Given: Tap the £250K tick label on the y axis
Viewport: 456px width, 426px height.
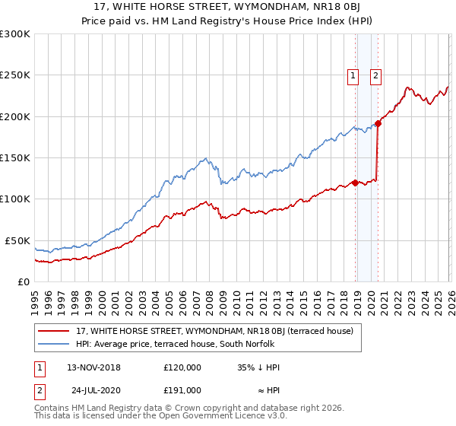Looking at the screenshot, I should coord(15,75).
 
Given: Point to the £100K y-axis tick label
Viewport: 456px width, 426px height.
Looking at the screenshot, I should coord(15,199).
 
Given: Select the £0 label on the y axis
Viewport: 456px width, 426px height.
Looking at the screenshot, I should coord(23,281).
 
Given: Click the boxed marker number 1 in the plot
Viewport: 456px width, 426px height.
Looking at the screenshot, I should coord(354,75).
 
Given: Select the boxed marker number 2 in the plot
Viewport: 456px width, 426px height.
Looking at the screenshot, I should coord(376,75).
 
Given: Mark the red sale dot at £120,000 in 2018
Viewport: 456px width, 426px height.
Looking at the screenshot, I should coord(355,183).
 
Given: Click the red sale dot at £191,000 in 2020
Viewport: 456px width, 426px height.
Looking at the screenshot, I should coord(378,124).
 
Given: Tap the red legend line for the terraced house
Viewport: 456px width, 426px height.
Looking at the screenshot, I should coord(55,331).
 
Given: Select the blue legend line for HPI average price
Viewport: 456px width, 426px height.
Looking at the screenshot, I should coord(55,344).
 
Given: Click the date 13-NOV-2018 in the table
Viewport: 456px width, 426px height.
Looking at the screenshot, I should coord(93,367).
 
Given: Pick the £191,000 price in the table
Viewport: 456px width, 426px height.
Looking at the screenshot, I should coord(182,389).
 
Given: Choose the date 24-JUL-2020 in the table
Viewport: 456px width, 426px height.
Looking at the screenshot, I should coord(93,389).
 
